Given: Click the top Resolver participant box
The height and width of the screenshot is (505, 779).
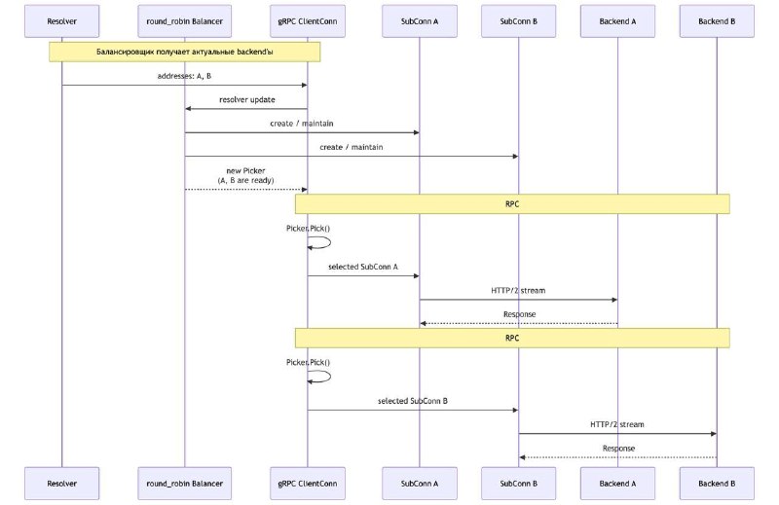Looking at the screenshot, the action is (x=61, y=21).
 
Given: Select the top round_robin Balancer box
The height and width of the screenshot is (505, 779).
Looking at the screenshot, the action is (x=184, y=21).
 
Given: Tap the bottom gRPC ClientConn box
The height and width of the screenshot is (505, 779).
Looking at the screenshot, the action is (x=308, y=484).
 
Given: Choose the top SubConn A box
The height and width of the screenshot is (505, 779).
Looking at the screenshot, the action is (x=420, y=21).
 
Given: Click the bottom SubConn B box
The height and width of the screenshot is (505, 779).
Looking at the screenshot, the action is (x=518, y=484).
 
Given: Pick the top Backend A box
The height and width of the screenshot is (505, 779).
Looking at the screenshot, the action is (x=617, y=21).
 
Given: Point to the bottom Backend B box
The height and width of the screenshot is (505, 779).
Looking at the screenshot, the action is (x=717, y=484).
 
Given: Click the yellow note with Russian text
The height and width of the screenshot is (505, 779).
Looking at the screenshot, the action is (x=184, y=52).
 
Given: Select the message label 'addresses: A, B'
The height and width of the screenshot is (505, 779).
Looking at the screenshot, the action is (x=184, y=76).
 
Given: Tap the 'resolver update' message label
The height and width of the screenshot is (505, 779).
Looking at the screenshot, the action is (x=247, y=100).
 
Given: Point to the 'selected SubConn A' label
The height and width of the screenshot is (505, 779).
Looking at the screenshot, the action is (x=363, y=267).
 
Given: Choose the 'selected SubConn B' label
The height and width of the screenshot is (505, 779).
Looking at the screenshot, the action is (x=412, y=401).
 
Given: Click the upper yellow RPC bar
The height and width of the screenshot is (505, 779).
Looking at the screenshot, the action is (x=512, y=204).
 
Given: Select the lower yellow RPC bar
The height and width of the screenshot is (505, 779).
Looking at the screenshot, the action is (x=512, y=339).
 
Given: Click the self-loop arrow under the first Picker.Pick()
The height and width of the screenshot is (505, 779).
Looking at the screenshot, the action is (x=330, y=242).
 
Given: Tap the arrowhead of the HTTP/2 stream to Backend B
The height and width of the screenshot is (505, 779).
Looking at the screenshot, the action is (x=714, y=434).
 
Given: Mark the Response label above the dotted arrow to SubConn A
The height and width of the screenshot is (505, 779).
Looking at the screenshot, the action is (x=519, y=314).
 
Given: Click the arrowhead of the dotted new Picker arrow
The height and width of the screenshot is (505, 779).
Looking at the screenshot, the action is (x=305, y=189).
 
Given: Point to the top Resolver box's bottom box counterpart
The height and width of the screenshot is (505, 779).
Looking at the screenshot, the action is (x=61, y=484).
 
